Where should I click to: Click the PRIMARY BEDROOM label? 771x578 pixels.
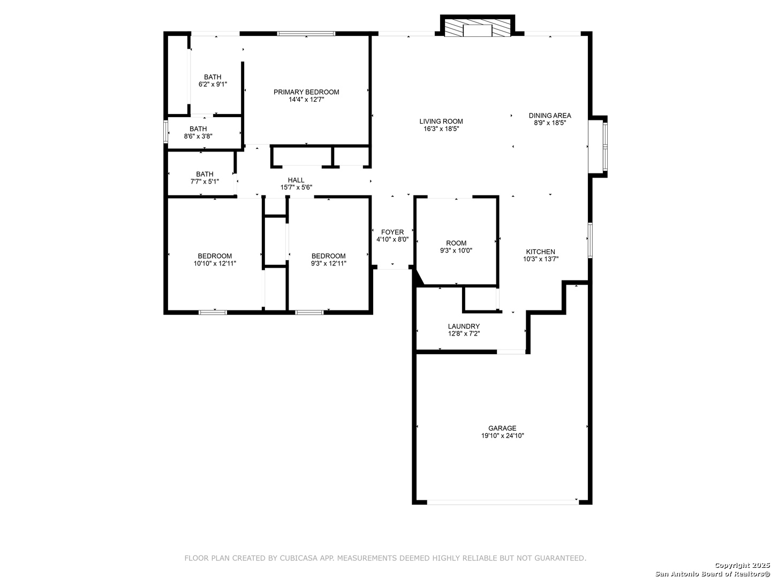click(306, 92)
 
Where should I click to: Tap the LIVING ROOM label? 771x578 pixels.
click(441, 121)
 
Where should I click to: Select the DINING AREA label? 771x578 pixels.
click(550, 116)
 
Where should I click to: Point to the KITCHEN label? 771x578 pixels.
click(540, 252)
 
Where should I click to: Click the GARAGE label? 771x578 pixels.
click(502, 428)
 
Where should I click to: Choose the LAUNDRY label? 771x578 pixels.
click(464, 326)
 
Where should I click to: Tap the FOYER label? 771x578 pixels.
click(392, 232)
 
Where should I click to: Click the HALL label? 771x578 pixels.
click(296, 180)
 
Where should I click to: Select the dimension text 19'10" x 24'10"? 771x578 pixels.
click(502, 436)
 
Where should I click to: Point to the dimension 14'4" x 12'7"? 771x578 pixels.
click(306, 100)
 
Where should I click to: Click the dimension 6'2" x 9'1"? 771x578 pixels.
click(213, 85)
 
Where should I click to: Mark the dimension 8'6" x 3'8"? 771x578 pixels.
click(198, 136)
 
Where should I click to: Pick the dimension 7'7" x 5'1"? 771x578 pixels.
click(205, 182)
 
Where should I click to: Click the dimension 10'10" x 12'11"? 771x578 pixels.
click(215, 263)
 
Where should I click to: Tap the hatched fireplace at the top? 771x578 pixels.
click(478, 27)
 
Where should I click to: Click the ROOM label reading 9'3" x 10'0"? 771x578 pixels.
click(456, 243)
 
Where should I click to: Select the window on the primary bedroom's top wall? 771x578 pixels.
click(306, 34)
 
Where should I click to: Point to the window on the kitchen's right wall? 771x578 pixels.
click(590, 240)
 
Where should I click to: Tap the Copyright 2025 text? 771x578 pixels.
click(742, 565)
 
